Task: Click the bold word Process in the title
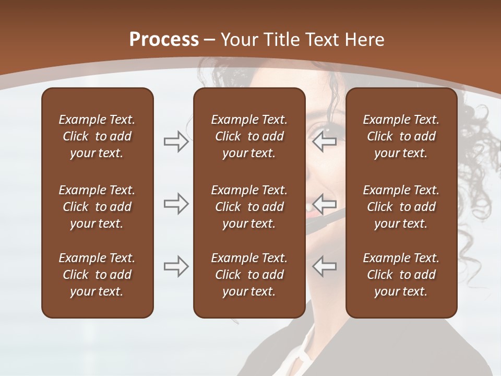(164, 40)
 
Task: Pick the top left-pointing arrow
(324, 142)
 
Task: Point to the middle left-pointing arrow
(324, 204)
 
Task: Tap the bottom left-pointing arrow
(324, 266)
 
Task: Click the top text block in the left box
(97, 136)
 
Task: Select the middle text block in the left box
(97, 207)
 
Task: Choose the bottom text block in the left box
(97, 275)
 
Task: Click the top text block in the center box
(249, 136)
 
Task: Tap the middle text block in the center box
(249, 207)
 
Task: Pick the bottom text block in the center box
(249, 275)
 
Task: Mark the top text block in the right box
(401, 136)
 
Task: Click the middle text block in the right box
(401, 207)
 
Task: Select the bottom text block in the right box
(401, 275)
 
